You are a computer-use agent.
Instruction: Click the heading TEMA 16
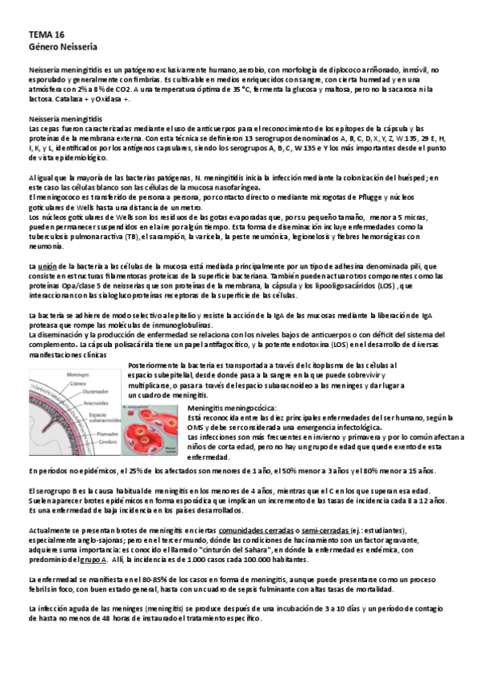(x=46, y=36)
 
